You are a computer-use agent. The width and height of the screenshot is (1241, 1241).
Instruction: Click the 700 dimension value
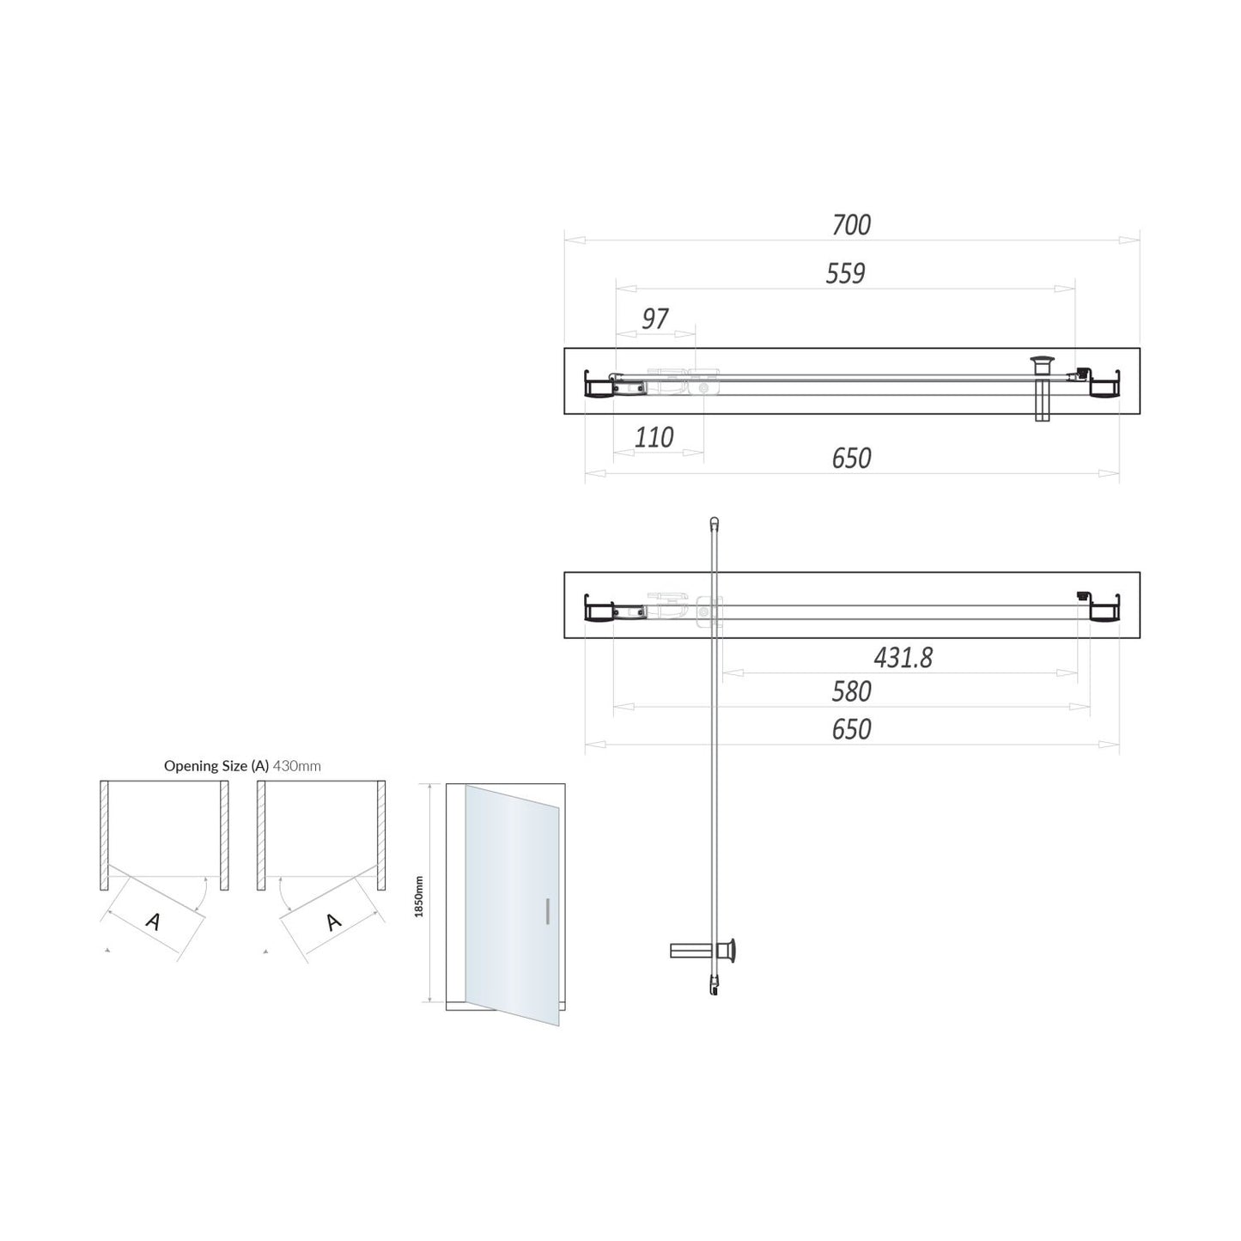[851, 225]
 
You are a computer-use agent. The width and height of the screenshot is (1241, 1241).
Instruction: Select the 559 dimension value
[845, 273]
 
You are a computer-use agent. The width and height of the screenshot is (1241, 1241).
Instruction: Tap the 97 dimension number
[654, 319]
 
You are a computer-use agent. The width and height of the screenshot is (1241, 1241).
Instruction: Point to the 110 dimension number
[654, 437]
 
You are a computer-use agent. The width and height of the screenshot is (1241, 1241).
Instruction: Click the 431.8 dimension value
[903, 658]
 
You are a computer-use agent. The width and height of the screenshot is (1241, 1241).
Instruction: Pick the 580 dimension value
[851, 691]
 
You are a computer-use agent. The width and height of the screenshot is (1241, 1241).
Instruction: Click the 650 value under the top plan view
[851, 459]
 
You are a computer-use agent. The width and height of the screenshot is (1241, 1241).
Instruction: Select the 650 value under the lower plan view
[851, 729]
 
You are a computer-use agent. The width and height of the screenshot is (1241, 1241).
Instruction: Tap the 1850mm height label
[419, 896]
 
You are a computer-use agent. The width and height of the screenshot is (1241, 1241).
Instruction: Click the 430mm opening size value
[296, 766]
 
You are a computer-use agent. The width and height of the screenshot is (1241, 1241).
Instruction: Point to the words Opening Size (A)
[216, 766]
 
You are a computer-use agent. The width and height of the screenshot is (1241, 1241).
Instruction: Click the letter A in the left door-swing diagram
[154, 922]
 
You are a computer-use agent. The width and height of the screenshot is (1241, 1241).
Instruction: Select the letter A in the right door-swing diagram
[333, 922]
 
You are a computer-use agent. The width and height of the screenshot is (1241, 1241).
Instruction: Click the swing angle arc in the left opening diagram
[200, 893]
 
